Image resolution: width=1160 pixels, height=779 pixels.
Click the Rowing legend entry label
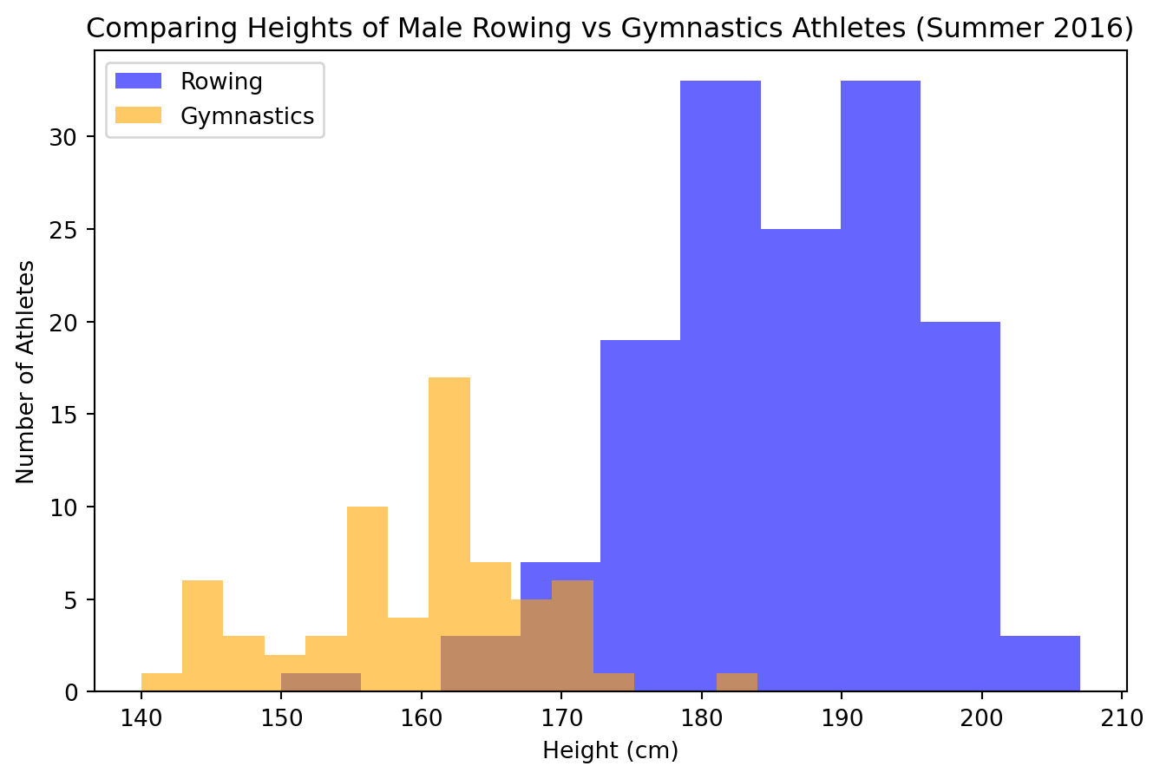click(x=221, y=82)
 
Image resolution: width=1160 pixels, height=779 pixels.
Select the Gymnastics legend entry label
click(x=247, y=116)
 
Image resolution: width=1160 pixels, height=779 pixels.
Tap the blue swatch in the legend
click(x=139, y=82)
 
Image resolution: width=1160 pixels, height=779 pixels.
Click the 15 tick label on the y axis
click(x=72, y=415)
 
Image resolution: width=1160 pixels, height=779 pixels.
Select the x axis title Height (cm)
click(x=610, y=751)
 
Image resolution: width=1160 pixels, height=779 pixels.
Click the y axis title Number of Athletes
click(x=26, y=371)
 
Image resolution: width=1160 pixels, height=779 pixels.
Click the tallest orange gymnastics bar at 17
click(x=449, y=520)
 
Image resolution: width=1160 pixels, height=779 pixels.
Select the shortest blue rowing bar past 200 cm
click(x=1039, y=664)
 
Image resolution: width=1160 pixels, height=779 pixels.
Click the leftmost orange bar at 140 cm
click(x=161, y=683)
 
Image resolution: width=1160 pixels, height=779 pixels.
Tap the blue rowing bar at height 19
click(x=640, y=503)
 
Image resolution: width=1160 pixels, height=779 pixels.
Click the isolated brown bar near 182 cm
click(x=737, y=683)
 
